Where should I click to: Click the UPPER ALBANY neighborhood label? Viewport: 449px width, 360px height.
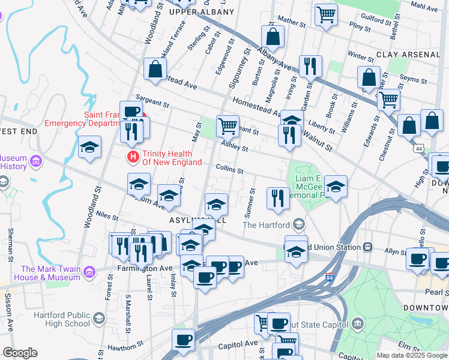(x=202, y=11)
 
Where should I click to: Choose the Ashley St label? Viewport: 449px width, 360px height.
(x=234, y=145)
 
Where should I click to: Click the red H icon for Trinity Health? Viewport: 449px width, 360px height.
(x=133, y=157)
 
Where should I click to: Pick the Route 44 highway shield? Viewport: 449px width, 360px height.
(x=417, y=146)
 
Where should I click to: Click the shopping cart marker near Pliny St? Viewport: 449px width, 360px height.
(x=326, y=14)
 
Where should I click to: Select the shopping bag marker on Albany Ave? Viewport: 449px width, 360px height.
(x=273, y=37)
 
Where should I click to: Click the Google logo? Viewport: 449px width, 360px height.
(x=20, y=353)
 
